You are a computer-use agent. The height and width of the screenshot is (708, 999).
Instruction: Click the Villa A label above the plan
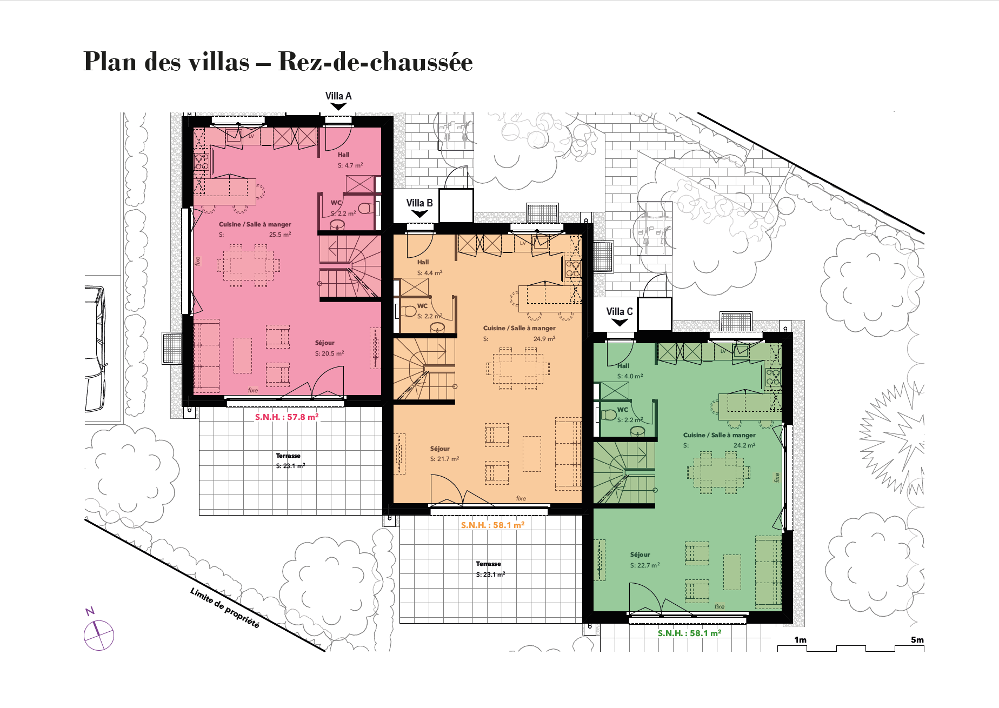click(338, 96)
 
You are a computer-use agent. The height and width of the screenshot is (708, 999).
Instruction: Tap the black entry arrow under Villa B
click(419, 214)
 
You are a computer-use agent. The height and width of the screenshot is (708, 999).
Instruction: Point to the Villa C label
click(620, 312)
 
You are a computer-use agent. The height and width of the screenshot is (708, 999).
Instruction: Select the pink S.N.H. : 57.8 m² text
click(287, 417)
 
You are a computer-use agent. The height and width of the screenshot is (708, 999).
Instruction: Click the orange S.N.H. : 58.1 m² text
click(492, 525)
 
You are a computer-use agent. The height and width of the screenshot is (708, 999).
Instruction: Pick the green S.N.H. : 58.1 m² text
click(689, 633)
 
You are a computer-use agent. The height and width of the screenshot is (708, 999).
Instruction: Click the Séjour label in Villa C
click(640, 555)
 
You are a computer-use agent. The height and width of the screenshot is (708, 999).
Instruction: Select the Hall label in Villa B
click(423, 262)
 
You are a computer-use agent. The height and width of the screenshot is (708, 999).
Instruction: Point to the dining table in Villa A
click(249, 265)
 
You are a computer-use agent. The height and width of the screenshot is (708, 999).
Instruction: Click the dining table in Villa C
click(718, 472)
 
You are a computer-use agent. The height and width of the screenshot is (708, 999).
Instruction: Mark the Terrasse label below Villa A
click(288, 456)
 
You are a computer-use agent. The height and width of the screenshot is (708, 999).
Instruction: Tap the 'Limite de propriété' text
click(225, 607)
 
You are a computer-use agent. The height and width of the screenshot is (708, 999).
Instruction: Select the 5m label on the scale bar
click(917, 640)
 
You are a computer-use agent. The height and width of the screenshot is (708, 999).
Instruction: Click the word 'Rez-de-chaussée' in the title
click(375, 62)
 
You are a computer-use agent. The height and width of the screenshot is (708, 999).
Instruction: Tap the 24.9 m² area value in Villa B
click(544, 339)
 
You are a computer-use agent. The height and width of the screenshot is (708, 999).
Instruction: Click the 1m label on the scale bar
click(800, 640)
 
